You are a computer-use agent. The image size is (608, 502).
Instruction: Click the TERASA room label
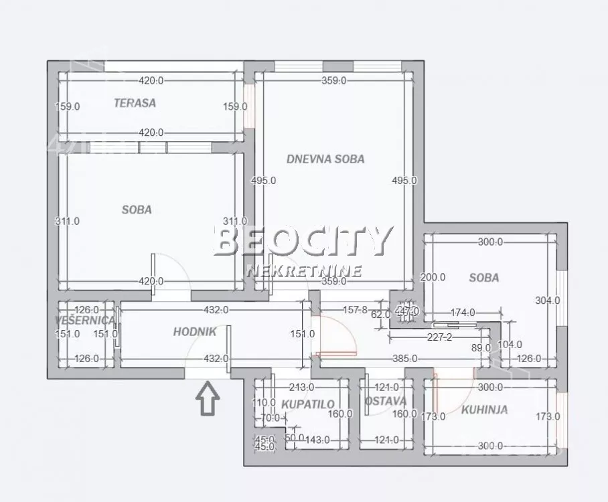coord(135,103)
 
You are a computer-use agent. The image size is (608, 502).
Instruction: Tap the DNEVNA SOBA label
coord(325,159)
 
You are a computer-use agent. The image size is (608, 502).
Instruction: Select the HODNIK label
coord(194,331)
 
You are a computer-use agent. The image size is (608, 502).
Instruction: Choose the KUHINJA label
coord(484,410)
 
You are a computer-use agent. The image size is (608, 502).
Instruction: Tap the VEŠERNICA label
coord(85,321)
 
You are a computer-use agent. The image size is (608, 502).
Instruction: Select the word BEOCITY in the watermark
coord(303,242)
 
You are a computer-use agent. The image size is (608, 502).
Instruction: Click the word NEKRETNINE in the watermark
coord(303,271)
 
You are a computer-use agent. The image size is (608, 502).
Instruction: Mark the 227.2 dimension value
coord(439,337)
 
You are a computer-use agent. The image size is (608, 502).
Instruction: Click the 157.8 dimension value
coord(356,310)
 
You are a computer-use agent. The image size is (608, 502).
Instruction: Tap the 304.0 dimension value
coord(547,301)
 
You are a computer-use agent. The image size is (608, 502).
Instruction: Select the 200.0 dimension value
coord(432,277)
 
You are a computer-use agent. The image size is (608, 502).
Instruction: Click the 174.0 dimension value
coord(463,312)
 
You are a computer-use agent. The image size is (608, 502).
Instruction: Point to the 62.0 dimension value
coord(381,315)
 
